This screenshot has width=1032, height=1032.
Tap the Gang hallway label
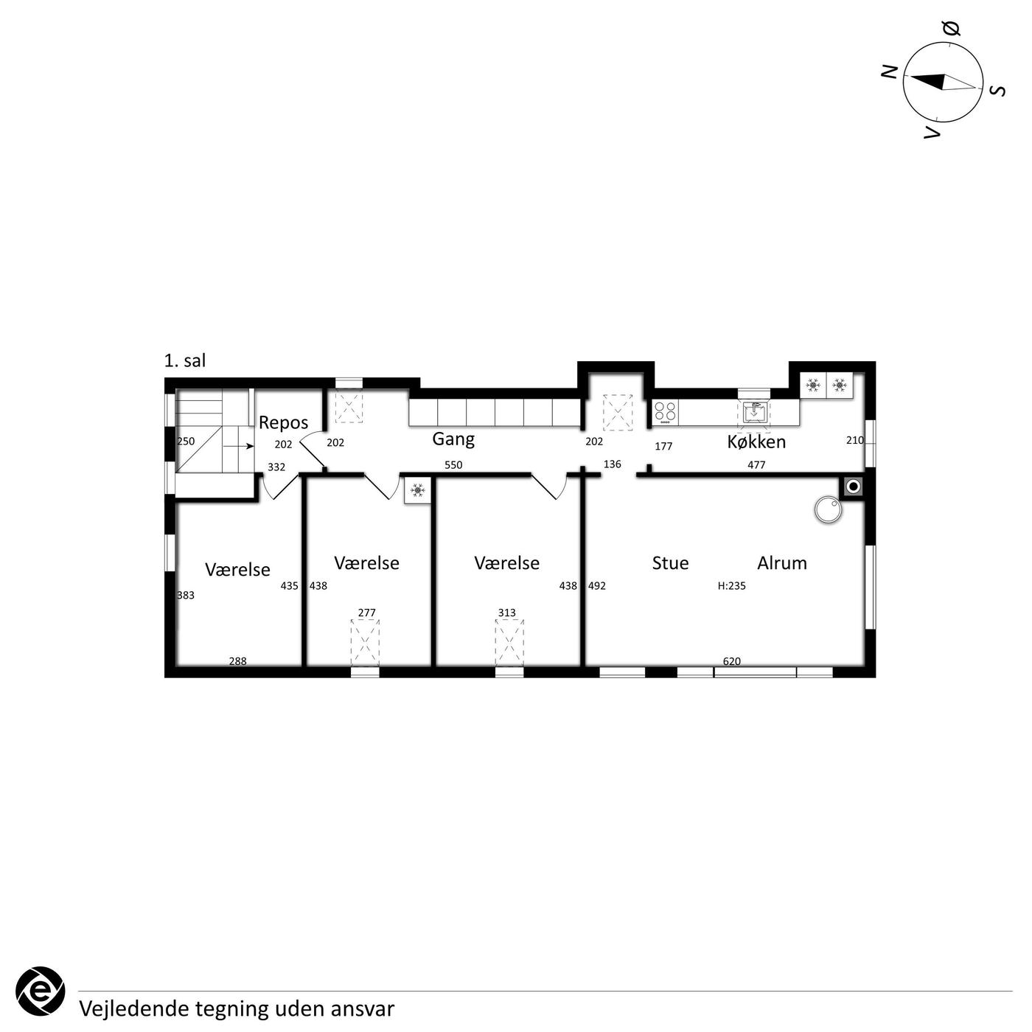click(x=453, y=440)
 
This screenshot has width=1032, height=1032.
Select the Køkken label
click(x=756, y=442)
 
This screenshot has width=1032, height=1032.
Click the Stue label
click(x=670, y=563)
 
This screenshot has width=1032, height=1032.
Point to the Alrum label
click(x=782, y=563)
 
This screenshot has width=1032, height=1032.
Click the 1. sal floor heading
click(x=185, y=360)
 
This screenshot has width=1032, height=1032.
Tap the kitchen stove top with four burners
click(x=665, y=413)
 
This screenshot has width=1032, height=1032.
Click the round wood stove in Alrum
click(x=828, y=510)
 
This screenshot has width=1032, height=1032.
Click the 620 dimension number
click(x=731, y=661)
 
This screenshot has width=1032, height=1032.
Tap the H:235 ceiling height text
click(x=731, y=586)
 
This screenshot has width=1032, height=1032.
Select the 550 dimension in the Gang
click(x=453, y=465)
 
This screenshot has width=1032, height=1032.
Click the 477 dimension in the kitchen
click(x=756, y=465)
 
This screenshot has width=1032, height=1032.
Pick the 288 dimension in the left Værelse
click(x=238, y=661)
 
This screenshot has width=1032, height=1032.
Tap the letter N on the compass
click(x=890, y=72)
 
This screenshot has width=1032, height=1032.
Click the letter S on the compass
click(x=997, y=91)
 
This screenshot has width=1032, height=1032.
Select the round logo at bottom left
click(x=40, y=991)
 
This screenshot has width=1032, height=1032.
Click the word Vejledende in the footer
click(x=134, y=1009)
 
